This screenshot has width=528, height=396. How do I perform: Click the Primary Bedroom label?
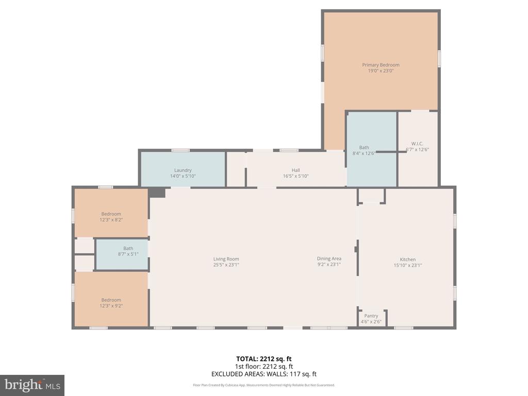[x=381, y=65]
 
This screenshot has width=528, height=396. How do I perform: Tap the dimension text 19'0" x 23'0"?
[x=381, y=71]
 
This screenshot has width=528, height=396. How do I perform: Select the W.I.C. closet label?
[x=417, y=143]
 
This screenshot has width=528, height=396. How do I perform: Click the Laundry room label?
[x=183, y=170]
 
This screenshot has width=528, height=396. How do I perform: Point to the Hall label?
[x=295, y=170]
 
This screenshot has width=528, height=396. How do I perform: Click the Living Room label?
[x=226, y=259]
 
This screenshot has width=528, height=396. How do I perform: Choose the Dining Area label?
[x=329, y=259]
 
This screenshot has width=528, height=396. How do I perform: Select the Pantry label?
[x=371, y=316]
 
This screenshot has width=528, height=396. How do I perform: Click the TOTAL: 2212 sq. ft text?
[x=263, y=359]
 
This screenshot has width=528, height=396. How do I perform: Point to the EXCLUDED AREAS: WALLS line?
[x=263, y=374]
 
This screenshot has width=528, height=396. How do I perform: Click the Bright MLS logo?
[x=32, y=385]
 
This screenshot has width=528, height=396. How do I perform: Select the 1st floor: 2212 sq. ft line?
[x=263, y=367]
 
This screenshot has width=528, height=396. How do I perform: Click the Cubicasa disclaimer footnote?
[x=263, y=385]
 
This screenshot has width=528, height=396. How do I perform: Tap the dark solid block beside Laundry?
[x=157, y=192]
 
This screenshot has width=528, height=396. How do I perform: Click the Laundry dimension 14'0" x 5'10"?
[x=183, y=176]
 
